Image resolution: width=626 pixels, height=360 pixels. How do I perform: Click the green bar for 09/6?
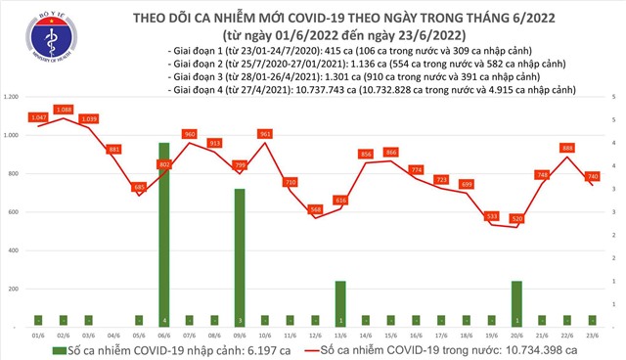click(240, 258)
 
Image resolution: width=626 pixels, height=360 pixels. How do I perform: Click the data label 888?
click(567, 148)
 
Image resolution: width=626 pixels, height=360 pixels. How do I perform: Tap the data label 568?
click(315, 209)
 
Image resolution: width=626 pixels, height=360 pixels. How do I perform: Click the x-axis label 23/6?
click(593, 336)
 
